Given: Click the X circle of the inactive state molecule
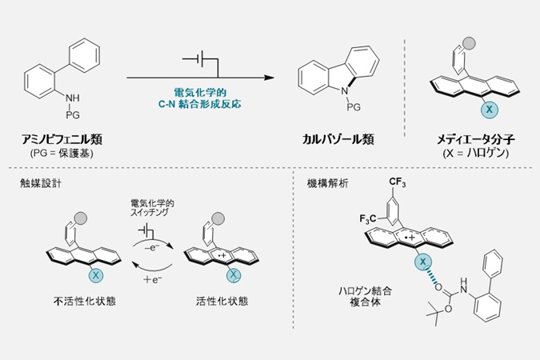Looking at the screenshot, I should tap(97, 274).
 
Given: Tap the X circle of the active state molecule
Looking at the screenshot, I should tap(234, 274).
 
